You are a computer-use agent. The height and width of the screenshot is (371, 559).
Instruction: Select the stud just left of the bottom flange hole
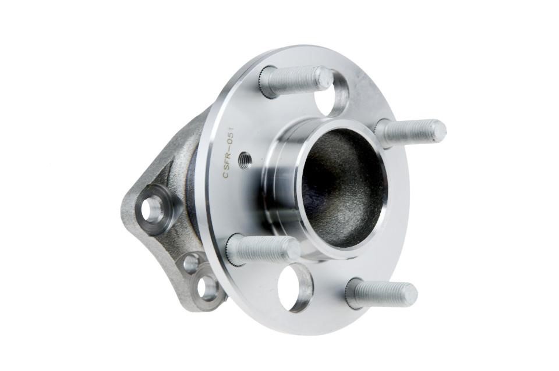263,249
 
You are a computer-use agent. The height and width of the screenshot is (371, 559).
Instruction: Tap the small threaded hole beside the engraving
245,156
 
